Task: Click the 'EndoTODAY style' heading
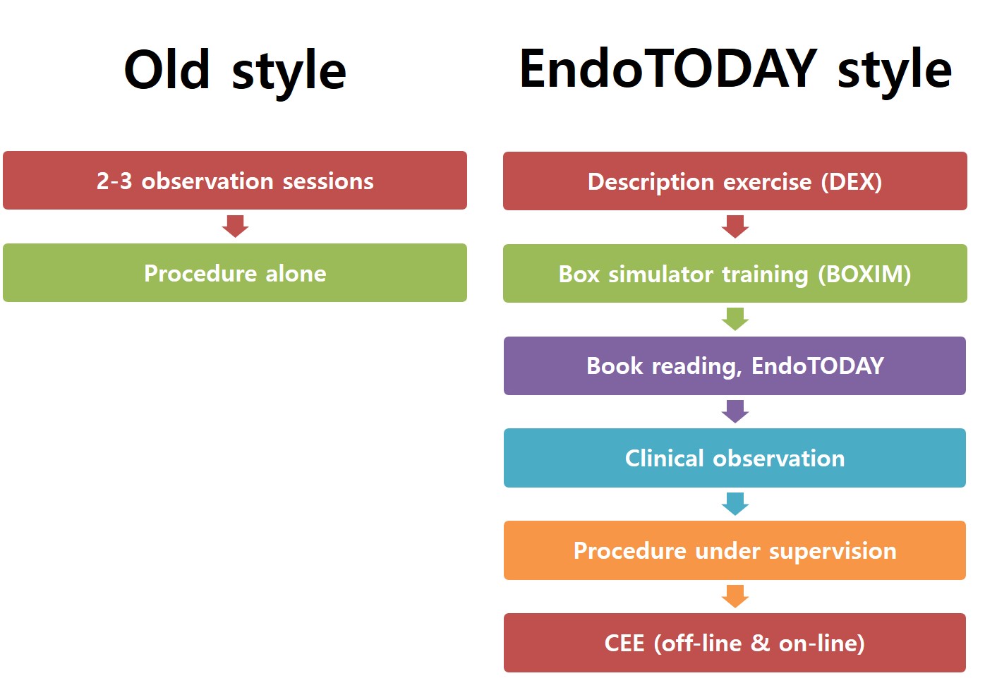(x=735, y=72)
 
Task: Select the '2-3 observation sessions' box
(x=235, y=181)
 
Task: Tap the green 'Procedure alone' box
(x=235, y=272)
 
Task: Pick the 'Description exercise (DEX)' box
(x=735, y=181)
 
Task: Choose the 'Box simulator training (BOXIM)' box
(x=735, y=273)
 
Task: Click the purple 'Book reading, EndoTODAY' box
(x=735, y=365)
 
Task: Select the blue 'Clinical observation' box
(x=735, y=458)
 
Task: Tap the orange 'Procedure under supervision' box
(x=735, y=550)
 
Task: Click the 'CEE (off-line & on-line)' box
(x=735, y=643)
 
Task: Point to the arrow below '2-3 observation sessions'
(x=235, y=226)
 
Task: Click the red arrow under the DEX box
(x=735, y=227)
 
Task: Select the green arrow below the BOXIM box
(x=735, y=320)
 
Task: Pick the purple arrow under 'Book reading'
(x=735, y=411)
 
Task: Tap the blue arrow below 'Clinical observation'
(x=735, y=504)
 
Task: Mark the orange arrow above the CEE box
(x=735, y=596)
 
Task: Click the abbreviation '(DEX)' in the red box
(x=852, y=182)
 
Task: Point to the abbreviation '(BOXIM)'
(x=864, y=274)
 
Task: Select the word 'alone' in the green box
(x=296, y=273)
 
